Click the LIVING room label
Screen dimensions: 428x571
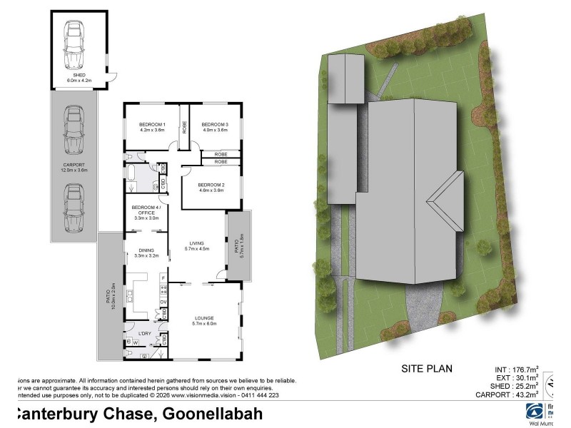[196, 245]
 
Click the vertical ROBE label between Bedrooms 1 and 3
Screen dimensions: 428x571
[184, 127]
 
